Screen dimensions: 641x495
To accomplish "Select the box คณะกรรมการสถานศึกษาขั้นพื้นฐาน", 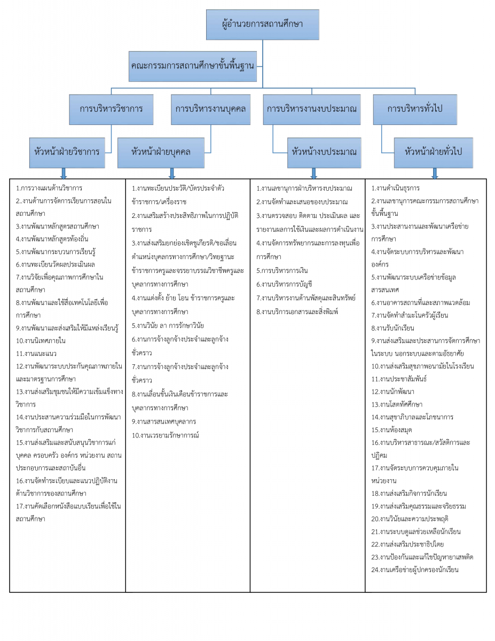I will [x=192, y=66].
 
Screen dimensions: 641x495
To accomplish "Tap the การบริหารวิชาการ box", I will [x=111, y=108].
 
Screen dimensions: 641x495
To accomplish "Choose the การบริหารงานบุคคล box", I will [x=210, y=108].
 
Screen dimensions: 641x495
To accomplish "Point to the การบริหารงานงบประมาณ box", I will [x=311, y=108].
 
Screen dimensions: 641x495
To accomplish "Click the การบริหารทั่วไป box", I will [x=415, y=108].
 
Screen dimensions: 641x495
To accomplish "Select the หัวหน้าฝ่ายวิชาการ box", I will [x=67, y=151].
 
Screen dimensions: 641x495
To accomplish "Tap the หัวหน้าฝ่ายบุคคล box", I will [x=160, y=151].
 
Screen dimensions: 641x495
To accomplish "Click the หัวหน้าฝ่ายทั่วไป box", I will [x=434, y=151].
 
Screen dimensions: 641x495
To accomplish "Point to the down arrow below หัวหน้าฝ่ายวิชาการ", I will [x=64, y=173].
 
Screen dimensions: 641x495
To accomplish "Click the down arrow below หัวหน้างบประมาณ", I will [x=314, y=173].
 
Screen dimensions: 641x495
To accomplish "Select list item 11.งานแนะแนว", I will [x=37, y=353].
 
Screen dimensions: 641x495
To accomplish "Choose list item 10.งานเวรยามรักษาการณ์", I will [x=166, y=435].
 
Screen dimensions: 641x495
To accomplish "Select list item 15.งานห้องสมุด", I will [x=392, y=429].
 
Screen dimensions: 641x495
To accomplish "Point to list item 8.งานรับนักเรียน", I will [x=393, y=328].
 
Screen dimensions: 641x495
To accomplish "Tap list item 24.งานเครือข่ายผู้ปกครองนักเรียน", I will [x=415, y=570].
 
